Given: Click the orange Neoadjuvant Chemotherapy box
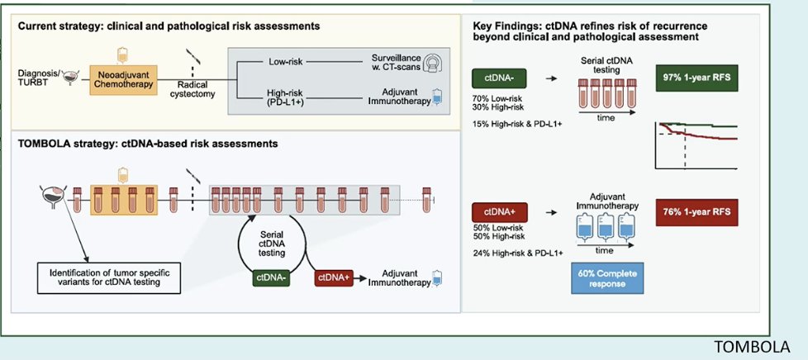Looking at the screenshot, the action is pos(124,79).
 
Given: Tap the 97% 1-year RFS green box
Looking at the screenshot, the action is pos(696,79).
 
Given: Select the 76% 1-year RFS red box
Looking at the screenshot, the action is pos(696,213).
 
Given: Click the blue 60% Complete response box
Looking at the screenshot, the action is pos(607,278).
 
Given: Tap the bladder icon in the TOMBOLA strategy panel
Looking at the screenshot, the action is pos(53,197).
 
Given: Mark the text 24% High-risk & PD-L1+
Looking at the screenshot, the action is pos(517,253).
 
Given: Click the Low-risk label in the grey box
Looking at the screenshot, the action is pos(286,62).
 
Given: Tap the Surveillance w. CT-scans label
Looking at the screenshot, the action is pos(395,62).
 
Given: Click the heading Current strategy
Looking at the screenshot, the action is pos(169,26).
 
